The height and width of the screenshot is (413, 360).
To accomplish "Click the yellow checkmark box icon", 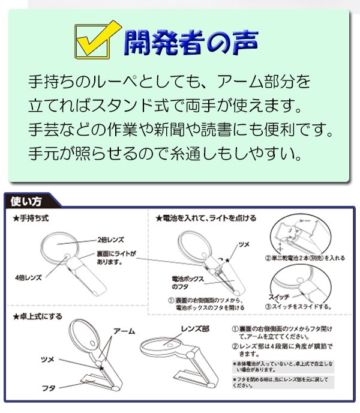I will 94,43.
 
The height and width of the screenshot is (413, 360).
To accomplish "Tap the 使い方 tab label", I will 28,202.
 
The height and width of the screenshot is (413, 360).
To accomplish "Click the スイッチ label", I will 280,298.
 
